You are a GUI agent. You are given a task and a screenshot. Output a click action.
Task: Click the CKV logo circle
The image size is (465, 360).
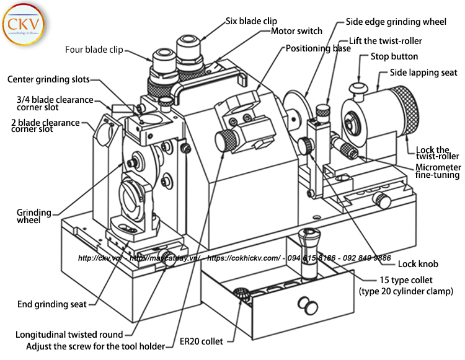[x=23, y=26]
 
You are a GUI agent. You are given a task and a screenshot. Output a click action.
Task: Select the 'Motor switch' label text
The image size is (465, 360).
[x=296, y=31]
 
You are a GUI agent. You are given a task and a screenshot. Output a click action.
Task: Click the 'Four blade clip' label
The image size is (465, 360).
[x=94, y=50]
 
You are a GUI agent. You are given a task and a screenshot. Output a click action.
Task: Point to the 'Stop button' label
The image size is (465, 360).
[x=397, y=56]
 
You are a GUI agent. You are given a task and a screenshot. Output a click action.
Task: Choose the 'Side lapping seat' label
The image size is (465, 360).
[x=423, y=72]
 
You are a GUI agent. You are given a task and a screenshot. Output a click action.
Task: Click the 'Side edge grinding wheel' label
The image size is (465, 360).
[x=395, y=22]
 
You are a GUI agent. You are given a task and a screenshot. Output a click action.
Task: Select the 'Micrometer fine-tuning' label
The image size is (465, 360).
[x=437, y=172]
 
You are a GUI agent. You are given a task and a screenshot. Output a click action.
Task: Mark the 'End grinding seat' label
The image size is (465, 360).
[x=52, y=304]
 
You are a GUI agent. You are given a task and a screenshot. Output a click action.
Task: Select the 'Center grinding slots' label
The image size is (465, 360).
[x=48, y=79]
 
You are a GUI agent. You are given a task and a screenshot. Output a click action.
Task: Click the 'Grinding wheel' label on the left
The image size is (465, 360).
[x=33, y=216]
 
